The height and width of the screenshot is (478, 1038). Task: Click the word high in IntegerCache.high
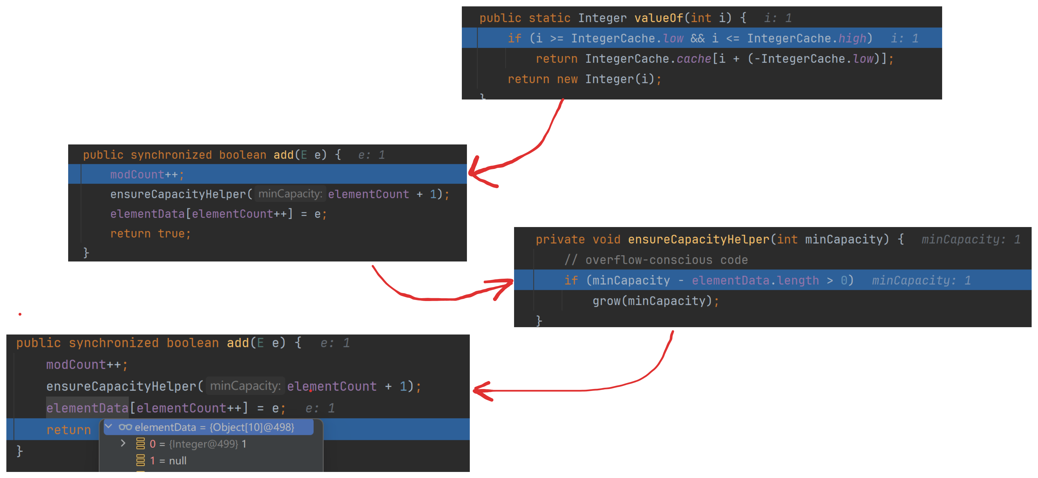[x=852, y=38]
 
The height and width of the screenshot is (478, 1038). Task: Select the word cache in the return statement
[x=693, y=59]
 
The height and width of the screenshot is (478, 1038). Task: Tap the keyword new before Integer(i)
[x=567, y=79]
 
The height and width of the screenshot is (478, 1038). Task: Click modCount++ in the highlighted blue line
[x=143, y=175]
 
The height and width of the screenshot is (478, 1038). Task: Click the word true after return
[x=171, y=233]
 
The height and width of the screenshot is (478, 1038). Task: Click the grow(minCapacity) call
[x=652, y=301]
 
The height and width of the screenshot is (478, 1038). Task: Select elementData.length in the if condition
[x=755, y=280]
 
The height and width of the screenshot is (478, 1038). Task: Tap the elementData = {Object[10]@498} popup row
[x=214, y=427]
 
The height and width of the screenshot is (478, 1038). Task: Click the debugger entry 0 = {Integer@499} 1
[x=197, y=444]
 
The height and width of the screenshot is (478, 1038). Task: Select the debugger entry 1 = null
[x=168, y=461]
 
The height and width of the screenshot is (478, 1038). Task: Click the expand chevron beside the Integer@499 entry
[x=123, y=444]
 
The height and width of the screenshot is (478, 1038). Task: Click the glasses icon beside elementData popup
[x=125, y=427]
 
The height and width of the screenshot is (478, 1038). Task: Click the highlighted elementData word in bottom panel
[x=87, y=408]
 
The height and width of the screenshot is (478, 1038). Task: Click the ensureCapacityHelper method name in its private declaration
[x=698, y=239]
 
